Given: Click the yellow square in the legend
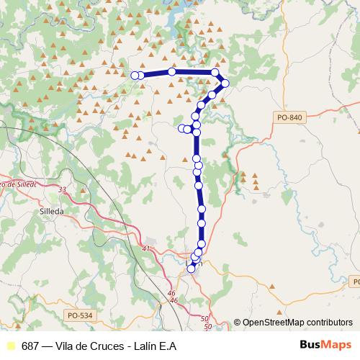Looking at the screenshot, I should (10, 346).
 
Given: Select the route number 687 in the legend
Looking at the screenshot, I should (30, 346).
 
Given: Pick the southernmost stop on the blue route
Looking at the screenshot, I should (192, 269).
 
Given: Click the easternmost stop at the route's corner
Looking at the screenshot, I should (225, 84).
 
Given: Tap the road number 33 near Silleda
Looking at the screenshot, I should (62, 190).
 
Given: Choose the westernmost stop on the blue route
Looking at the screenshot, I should (135, 75).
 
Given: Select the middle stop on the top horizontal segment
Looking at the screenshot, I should (172, 71).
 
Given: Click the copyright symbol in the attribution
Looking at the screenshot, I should (238, 323).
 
